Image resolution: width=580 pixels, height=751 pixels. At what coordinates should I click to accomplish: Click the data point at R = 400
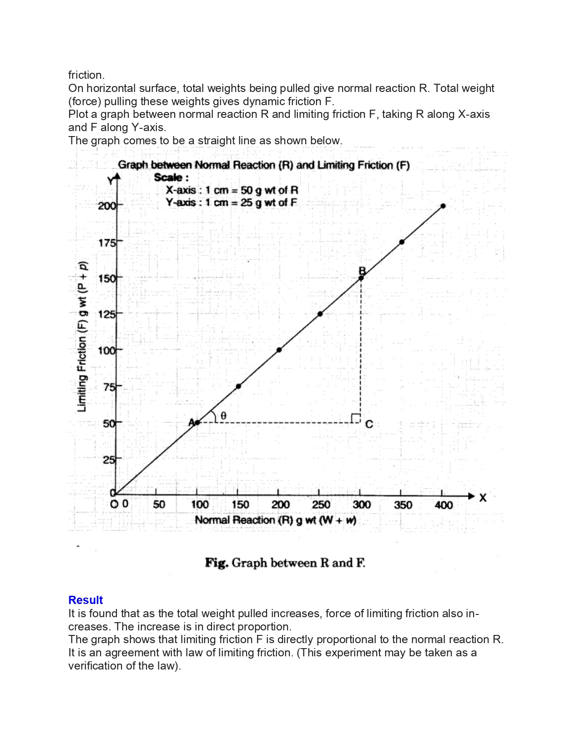(443, 206)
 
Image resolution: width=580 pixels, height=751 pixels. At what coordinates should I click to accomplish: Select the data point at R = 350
(402, 242)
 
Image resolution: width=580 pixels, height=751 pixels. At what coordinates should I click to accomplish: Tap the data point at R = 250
(320, 314)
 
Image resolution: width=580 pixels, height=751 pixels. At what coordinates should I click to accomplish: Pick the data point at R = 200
(279, 350)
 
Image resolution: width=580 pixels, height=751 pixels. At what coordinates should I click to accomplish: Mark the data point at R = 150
(238, 386)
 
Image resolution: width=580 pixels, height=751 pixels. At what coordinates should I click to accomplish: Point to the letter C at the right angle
(369, 424)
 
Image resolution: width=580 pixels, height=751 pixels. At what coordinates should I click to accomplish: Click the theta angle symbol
(223, 416)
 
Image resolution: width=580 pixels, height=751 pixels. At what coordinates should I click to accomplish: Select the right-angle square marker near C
(355, 418)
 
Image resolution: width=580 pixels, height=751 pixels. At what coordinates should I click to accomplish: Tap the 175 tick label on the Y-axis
(107, 243)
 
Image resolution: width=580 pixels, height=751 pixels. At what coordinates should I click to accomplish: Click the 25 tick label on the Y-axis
(108, 460)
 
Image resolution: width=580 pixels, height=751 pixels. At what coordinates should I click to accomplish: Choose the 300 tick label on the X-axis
(362, 505)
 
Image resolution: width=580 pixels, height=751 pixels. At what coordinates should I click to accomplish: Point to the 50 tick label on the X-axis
(159, 505)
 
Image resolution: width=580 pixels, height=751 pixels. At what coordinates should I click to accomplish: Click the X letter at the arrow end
(483, 498)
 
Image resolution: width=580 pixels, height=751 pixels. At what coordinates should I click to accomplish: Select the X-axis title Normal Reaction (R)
(275, 520)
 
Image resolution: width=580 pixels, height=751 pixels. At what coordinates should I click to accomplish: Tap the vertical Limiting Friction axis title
(82, 337)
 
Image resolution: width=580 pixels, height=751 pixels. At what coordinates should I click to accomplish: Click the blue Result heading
(86, 600)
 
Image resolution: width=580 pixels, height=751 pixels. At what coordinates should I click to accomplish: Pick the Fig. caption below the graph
(285, 563)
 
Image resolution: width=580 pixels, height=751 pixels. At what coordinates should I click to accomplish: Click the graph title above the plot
(264, 165)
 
